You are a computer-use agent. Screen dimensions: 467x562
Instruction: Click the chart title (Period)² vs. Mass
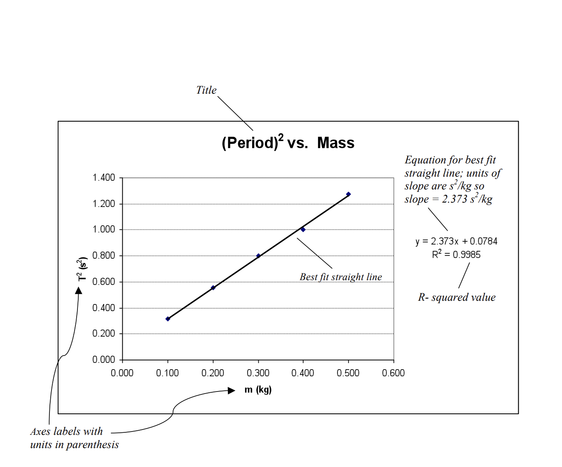coord(288,143)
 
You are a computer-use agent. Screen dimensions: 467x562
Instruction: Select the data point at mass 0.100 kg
coord(168,319)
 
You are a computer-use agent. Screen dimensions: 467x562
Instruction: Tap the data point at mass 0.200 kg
coord(213,288)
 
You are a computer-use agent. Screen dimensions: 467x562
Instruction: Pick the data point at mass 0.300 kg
coord(258,256)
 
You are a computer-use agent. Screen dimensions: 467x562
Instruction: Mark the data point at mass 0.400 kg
coord(303,229)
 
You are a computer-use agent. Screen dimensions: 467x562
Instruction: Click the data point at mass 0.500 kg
coord(349,194)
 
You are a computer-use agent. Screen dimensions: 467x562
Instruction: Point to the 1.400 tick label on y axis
coord(104,178)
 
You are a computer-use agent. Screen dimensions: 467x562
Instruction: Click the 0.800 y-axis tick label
coord(104,256)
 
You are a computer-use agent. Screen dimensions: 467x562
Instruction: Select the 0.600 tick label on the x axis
coord(393,373)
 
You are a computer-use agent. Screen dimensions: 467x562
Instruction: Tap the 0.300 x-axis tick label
coord(258,373)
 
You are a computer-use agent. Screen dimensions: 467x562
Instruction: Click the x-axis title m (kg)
coord(258,389)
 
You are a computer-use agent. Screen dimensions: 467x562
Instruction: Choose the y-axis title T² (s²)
coord(82,269)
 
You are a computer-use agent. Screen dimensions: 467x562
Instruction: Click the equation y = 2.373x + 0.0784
coord(457,241)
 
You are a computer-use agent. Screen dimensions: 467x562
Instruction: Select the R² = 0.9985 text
coord(457,255)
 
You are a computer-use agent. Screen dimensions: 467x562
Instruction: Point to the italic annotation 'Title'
coord(206,90)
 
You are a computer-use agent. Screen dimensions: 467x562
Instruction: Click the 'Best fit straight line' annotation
coord(341,277)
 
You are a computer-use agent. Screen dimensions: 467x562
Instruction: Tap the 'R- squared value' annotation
coord(457,297)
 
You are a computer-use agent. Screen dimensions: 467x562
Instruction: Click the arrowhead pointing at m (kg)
coord(232,391)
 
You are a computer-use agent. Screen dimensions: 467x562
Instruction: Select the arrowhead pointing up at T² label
coord(79,290)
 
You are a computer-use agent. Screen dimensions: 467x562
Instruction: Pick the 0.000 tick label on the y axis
coord(104,360)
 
